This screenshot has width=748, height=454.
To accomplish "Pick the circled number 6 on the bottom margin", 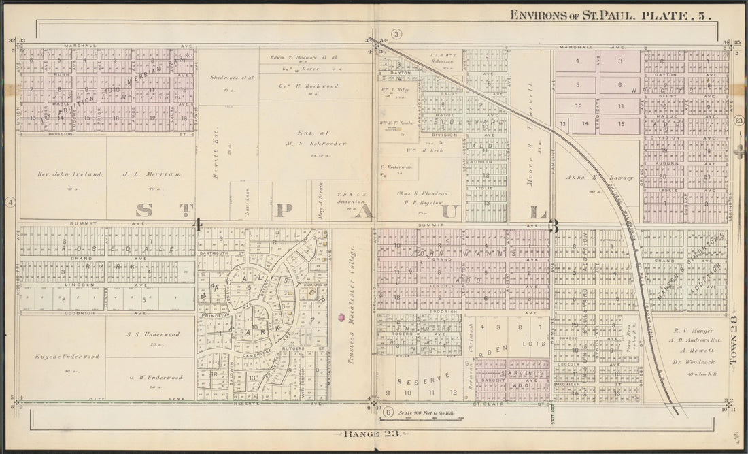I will coord(388,412).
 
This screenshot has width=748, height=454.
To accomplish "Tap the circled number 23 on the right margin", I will coord(739,120).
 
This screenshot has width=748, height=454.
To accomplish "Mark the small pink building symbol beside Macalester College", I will coord(339,315).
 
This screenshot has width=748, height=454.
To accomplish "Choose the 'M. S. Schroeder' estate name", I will coord(322,144).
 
